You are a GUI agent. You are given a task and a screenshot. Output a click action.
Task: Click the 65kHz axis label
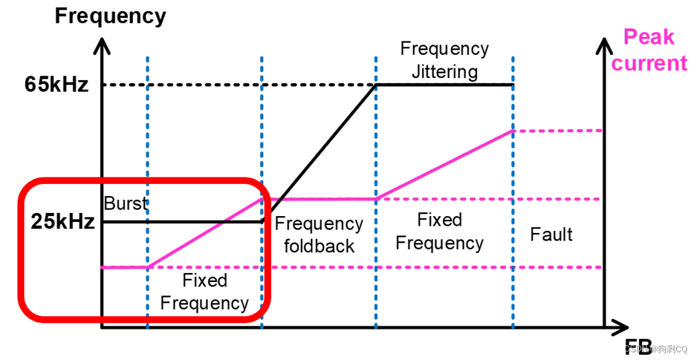point(56,85)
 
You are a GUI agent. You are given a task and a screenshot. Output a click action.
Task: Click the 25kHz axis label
point(63,222)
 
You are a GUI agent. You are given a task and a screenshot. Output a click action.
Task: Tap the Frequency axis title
point(110,15)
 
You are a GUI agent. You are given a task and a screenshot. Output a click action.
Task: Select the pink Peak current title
point(649,50)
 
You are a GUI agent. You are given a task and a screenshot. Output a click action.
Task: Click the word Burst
point(125,203)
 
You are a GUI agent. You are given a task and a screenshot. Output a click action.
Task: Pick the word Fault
point(551,234)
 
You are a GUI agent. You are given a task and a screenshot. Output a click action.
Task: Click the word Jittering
point(444,72)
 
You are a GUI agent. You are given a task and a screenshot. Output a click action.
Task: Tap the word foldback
point(319,246)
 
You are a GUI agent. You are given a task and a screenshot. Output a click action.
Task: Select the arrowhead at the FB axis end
point(621,327)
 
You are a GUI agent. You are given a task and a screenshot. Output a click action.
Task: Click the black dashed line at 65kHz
point(239,85)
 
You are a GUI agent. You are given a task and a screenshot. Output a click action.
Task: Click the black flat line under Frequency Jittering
point(445,85)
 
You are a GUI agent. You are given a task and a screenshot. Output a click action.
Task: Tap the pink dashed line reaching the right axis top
point(558,130)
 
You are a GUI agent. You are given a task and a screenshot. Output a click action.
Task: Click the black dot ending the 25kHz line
point(263,221)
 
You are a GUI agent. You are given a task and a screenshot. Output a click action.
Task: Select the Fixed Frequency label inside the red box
point(204,292)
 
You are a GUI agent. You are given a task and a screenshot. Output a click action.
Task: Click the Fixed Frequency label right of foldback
point(439,232)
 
